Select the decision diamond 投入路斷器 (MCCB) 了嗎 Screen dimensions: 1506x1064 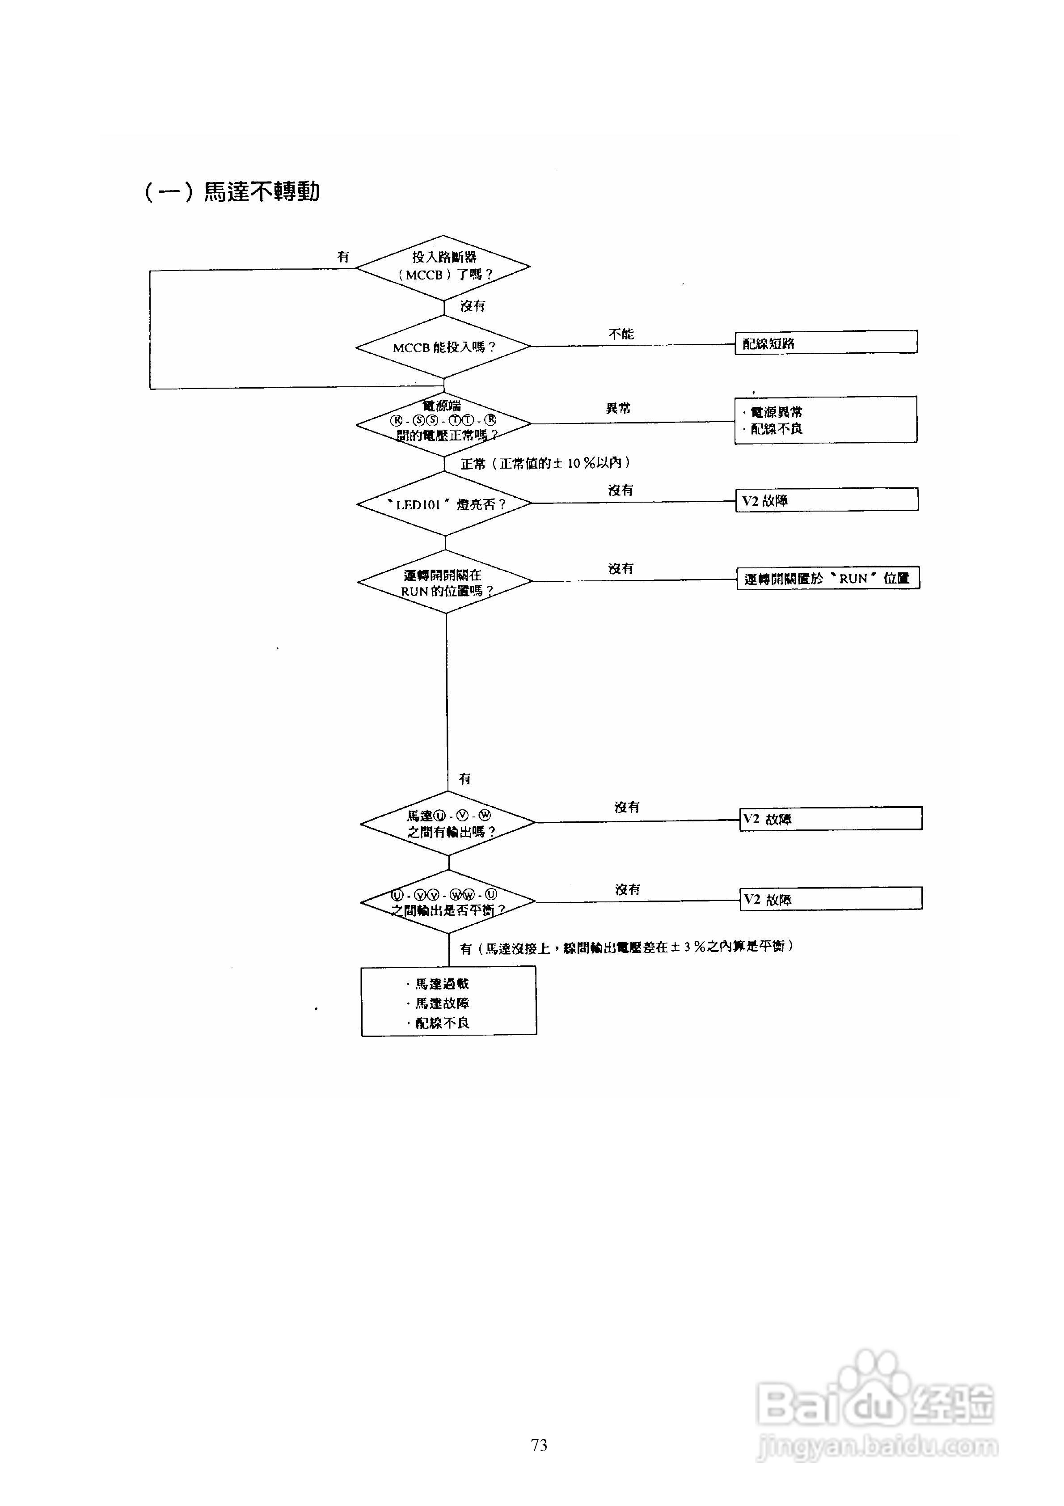tap(443, 267)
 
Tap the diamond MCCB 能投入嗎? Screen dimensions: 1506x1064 tap(443, 347)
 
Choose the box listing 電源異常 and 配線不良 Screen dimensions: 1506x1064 tap(825, 420)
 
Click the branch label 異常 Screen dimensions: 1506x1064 tap(618, 408)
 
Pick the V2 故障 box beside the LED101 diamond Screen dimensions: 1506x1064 tap(827, 500)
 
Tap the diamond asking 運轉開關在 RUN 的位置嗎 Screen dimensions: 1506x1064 tap(445, 582)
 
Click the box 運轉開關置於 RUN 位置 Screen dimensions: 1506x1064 tap(828, 579)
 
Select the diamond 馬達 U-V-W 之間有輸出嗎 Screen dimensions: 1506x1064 tap(448, 823)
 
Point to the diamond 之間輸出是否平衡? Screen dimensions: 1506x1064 tap(448, 902)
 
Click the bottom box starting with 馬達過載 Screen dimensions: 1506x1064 tap(449, 1002)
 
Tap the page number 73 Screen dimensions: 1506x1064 tap(539, 1445)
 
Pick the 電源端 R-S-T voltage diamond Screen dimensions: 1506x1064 tap(443, 424)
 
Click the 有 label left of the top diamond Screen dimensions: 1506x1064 tap(343, 257)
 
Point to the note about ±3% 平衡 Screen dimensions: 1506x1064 tap(626, 947)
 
